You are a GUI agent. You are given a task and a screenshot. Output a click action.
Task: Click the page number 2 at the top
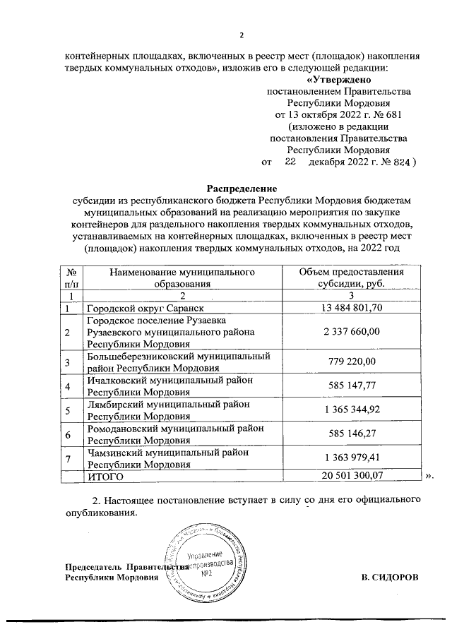pos(242,36)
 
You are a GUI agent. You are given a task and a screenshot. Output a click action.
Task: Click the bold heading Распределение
pos(242,189)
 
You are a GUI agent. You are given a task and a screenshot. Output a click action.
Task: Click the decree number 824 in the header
pos(401,162)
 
